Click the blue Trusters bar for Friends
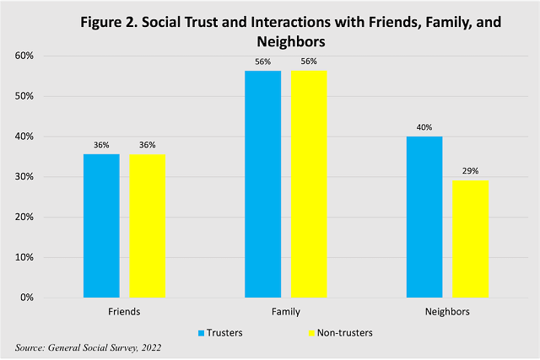click(x=101, y=226)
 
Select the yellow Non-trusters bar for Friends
click(x=148, y=226)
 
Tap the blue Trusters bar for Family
click(x=262, y=185)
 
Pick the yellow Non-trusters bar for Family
click(x=309, y=185)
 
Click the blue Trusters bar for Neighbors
click(x=424, y=217)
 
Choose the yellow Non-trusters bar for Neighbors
click(x=470, y=239)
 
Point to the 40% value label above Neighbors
click(x=424, y=128)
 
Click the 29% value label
click(x=470, y=171)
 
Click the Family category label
click(x=285, y=311)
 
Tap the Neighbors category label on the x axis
click(x=447, y=311)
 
